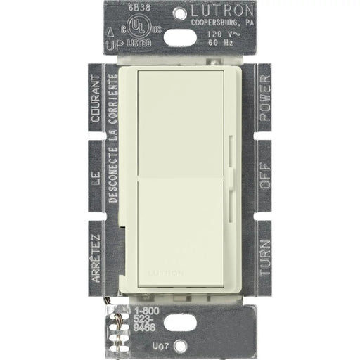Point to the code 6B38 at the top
(x=138, y=10)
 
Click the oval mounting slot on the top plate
(x=180, y=44)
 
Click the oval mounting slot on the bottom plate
(x=180, y=316)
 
